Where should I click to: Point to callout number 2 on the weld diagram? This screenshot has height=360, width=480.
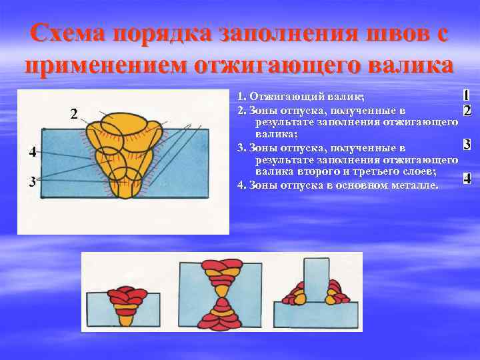[74, 113]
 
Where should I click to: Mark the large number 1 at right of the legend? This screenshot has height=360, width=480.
[467, 96]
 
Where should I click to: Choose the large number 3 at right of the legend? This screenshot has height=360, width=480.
[467, 144]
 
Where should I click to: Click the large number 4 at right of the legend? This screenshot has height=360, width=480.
[467, 178]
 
